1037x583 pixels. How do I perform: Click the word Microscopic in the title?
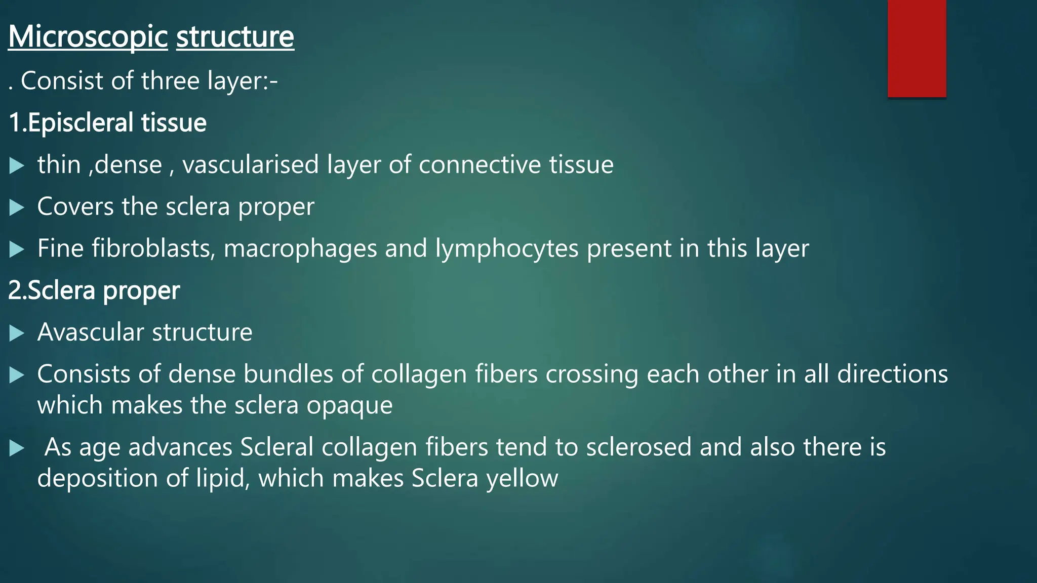coord(88,37)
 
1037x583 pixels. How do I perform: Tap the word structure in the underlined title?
coord(235,37)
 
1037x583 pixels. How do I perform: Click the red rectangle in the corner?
coord(916,48)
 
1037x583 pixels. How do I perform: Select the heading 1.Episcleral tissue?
coord(108,123)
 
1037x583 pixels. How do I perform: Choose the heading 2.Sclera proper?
coord(94,290)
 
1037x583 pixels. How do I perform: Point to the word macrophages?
coord(300,248)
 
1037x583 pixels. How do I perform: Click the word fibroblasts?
coord(153,248)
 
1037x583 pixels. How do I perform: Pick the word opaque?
coord(349,406)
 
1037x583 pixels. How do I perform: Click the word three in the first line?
coord(170,81)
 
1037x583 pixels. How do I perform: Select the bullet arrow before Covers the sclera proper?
coord(17,207)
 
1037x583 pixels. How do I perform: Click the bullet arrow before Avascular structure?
coord(17,333)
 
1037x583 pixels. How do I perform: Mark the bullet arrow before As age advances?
coord(17,448)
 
